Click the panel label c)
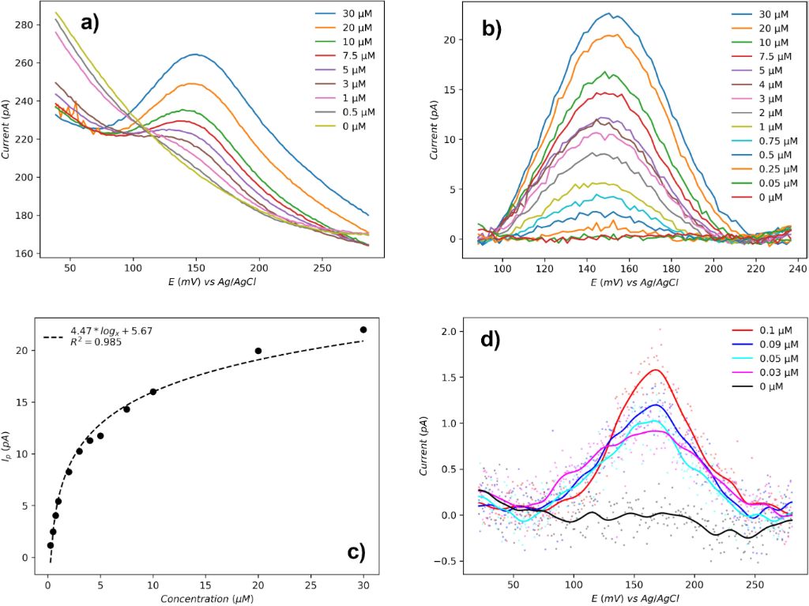click(x=356, y=551)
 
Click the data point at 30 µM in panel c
click(x=363, y=329)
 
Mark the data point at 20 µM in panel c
click(x=258, y=351)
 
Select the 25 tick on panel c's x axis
click(x=310, y=589)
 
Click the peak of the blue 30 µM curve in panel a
click(x=194, y=54)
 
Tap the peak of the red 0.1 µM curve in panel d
click(x=656, y=370)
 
